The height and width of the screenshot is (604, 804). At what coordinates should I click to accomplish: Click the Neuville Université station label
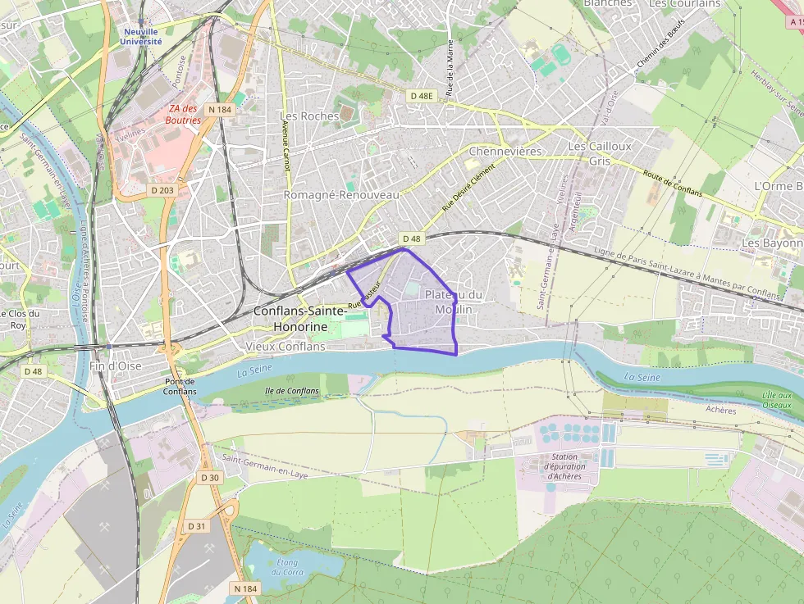click(141, 36)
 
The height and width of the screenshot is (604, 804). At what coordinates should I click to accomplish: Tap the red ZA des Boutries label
click(184, 114)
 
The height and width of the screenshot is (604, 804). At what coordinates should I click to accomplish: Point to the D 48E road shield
click(421, 96)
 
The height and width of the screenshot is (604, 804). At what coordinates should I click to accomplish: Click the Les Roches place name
click(309, 116)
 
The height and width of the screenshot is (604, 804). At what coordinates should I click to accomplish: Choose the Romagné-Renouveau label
click(341, 195)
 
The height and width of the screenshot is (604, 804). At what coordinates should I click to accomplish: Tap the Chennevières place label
click(505, 152)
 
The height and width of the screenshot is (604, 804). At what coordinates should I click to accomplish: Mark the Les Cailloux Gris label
click(600, 153)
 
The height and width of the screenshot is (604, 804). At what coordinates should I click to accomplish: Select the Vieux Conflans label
click(286, 347)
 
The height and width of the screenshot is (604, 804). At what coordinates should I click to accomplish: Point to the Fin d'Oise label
click(114, 366)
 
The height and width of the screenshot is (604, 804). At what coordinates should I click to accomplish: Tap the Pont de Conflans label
click(180, 386)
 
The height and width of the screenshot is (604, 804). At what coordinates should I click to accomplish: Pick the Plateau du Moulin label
click(453, 302)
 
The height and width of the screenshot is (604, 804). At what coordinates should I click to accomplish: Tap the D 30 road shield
click(210, 477)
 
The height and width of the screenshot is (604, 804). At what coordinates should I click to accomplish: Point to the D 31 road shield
click(197, 526)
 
